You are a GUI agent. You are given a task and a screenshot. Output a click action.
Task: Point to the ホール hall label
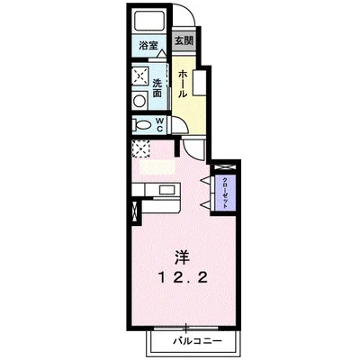(x=183, y=82)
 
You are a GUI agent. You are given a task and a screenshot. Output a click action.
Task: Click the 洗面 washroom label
(x=157, y=86)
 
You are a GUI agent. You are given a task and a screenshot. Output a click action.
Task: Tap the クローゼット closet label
(x=225, y=190)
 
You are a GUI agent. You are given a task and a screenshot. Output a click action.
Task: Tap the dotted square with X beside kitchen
(x=139, y=148)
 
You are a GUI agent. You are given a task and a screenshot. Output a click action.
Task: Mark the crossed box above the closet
(x=223, y=166)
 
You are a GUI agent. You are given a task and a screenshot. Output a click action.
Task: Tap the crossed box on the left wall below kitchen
(x=136, y=213)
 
